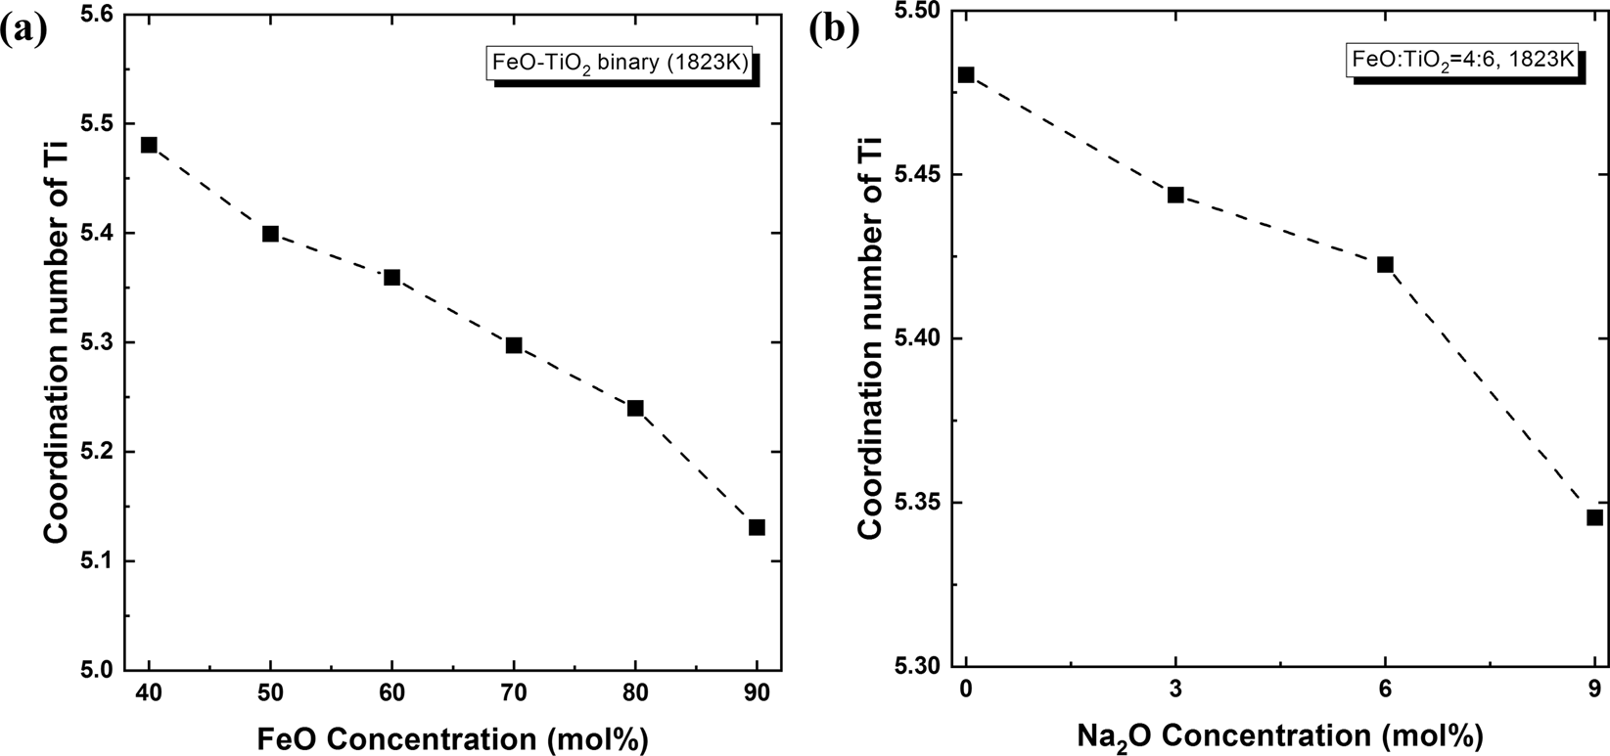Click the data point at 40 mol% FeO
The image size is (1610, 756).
point(149,145)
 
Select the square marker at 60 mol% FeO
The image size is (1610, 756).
point(391,278)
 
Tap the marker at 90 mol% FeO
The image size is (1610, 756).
point(757,527)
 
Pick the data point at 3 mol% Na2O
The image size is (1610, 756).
point(1175,195)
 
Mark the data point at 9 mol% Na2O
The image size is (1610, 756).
point(1594,517)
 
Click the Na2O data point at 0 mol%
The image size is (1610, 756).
point(966,74)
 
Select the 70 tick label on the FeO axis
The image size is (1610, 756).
point(514,693)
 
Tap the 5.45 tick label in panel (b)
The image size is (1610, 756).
point(912,174)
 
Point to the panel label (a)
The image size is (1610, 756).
point(22,30)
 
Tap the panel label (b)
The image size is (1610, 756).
point(835,28)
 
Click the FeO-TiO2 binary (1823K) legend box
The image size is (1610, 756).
point(619,66)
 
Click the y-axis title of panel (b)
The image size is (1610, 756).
point(869,337)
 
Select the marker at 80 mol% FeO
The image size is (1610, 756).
point(635,408)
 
